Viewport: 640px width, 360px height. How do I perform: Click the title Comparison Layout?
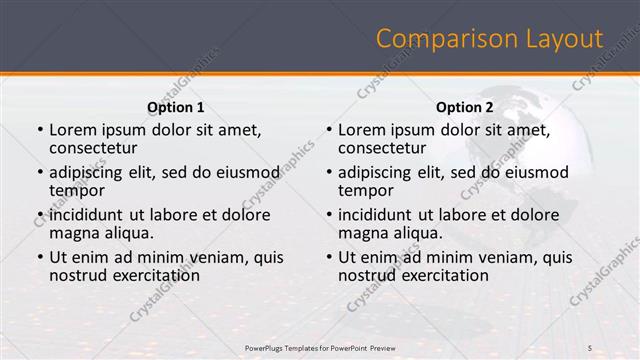(x=489, y=39)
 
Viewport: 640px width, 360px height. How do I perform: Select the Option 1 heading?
(x=176, y=107)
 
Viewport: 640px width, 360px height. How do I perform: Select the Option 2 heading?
(x=465, y=107)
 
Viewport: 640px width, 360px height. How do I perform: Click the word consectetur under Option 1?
(x=94, y=147)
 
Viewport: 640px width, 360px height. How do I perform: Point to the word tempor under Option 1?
(x=76, y=190)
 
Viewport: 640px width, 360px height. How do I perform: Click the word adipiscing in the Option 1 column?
(x=90, y=172)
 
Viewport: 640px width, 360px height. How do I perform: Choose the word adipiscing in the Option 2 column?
(x=379, y=172)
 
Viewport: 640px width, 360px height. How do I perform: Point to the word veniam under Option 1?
(x=215, y=257)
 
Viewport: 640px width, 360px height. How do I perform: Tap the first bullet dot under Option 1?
(x=39, y=130)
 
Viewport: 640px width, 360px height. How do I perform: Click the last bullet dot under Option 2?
(x=328, y=257)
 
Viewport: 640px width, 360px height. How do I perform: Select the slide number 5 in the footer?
(x=590, y=347)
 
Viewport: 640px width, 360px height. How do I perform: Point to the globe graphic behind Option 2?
(x=540, y=180)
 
